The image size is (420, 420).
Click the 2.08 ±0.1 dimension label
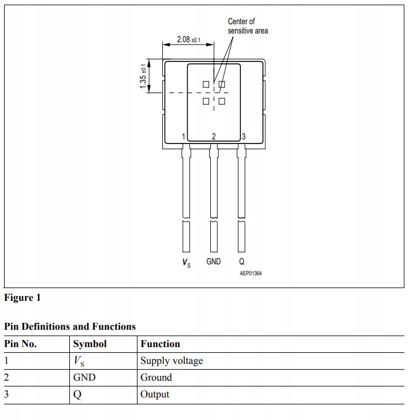point(188,39)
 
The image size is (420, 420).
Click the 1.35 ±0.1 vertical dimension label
point(143,76)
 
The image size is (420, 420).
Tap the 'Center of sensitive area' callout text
point(247,26)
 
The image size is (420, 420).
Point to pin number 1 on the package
point(183,137)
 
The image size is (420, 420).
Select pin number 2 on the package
point(214,137)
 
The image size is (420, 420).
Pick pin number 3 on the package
point(244,137)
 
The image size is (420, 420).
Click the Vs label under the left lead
point(186,263)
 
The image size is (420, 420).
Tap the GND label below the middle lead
point(214,261)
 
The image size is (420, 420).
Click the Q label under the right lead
point(241,261)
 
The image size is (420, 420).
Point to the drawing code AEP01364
point(251,273)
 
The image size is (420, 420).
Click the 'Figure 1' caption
point(23,298)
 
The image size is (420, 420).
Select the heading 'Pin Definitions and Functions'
point(70,327)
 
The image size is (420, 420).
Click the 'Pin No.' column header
point(21,344)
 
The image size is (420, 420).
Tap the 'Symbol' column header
point(90,344)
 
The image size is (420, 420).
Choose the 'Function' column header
point(160,344)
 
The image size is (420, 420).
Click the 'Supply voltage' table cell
point(172,361)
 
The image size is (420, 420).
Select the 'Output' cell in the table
point(155,395)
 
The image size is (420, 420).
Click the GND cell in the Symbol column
point(84,378)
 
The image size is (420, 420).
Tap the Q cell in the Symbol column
point(77,395)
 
